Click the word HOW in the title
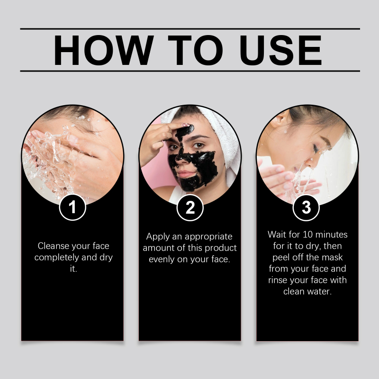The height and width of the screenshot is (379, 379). (x=103, y=50)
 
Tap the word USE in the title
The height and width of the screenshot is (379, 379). (x=280, y=50)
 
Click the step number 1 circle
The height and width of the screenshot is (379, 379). (x=72, y=208)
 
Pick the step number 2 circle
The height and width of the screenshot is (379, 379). (x=190, y=208)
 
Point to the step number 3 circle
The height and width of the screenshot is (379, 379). (x=306, y=208)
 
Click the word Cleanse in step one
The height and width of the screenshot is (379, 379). (x=54, y=246)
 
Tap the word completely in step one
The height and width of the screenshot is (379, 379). (x=57, y=257)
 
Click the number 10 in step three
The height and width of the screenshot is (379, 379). (x=307, y=235)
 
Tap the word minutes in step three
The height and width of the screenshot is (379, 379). (x=331, y=235)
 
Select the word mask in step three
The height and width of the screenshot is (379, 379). (x=332, y=257)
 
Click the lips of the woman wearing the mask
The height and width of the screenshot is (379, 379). (x=186, y=174)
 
